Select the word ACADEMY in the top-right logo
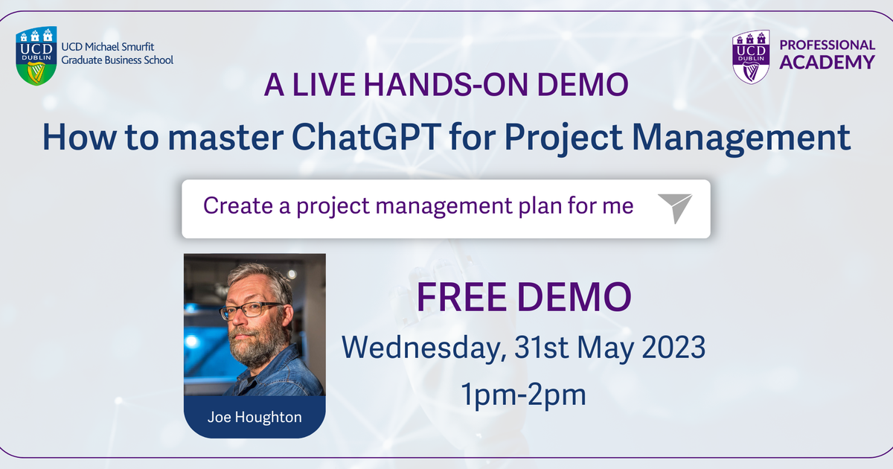tap(827, 63)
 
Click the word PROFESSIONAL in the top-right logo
tap(827, 45)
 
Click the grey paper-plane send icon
tap(675, 208)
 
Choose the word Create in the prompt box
tap(237, 205)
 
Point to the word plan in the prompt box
tap(546, 206)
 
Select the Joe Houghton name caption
tap(254, 417)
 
